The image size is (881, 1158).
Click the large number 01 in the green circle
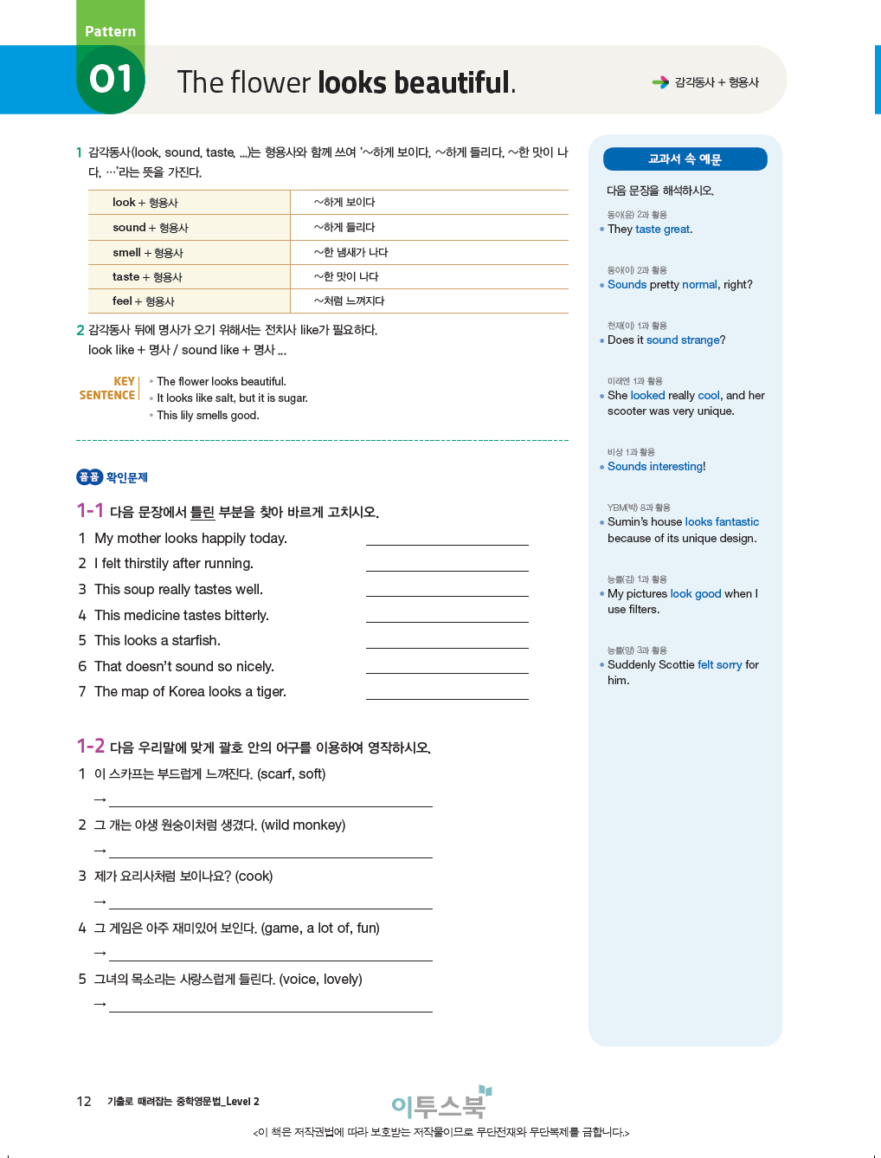tap(111, 79)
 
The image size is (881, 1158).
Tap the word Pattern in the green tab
tap(110, 32)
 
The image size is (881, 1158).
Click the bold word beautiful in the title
tap(452, 83)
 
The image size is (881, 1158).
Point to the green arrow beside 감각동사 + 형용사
tap(660, 82)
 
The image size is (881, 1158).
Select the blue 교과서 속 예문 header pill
tap(685, 159)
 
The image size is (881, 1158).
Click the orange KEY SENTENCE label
tap(108, 388)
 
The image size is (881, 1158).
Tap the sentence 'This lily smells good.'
tap(208, 416)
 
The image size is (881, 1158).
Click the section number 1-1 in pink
tap(90, 511)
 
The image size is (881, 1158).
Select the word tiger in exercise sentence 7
tap(270, 692)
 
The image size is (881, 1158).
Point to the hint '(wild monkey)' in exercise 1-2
tap(303, 825)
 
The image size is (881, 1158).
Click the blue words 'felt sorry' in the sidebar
tap(720, 665)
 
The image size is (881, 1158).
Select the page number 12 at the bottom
tap(84, 1102)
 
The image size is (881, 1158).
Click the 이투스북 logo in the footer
tap(440, 1104)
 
